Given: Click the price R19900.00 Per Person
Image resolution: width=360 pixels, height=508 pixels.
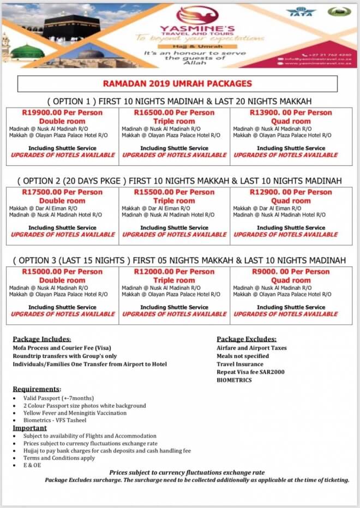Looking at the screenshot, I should [62, 112].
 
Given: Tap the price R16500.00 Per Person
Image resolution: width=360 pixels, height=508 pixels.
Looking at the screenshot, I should [175, 112].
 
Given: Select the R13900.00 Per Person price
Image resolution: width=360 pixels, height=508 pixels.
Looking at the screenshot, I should [291, 112].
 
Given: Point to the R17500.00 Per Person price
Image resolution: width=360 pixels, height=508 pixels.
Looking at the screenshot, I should [62, 192].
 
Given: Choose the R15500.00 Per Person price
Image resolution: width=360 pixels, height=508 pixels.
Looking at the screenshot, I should [175, 192].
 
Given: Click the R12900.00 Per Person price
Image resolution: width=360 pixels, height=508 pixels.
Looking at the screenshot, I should [291, 192].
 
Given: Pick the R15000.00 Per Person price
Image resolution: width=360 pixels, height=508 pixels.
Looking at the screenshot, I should [62, 272].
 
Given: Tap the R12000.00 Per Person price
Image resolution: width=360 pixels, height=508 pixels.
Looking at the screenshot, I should [175, 272].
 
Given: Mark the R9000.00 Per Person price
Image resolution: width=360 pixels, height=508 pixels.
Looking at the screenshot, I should [291, 272].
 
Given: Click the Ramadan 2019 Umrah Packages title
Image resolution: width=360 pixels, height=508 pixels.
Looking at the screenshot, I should [177, 83].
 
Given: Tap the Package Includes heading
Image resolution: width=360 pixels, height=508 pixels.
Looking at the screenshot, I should [42, 339].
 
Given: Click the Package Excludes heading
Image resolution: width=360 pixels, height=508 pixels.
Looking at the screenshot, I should [246, 339].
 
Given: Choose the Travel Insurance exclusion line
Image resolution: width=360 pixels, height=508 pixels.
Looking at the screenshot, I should [241, 364].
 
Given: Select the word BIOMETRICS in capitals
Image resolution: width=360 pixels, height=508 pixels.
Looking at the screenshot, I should [234, 380].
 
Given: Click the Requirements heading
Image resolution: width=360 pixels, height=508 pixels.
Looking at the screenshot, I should [37, 389].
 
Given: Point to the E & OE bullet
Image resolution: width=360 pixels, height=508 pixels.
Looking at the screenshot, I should [32, 466].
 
